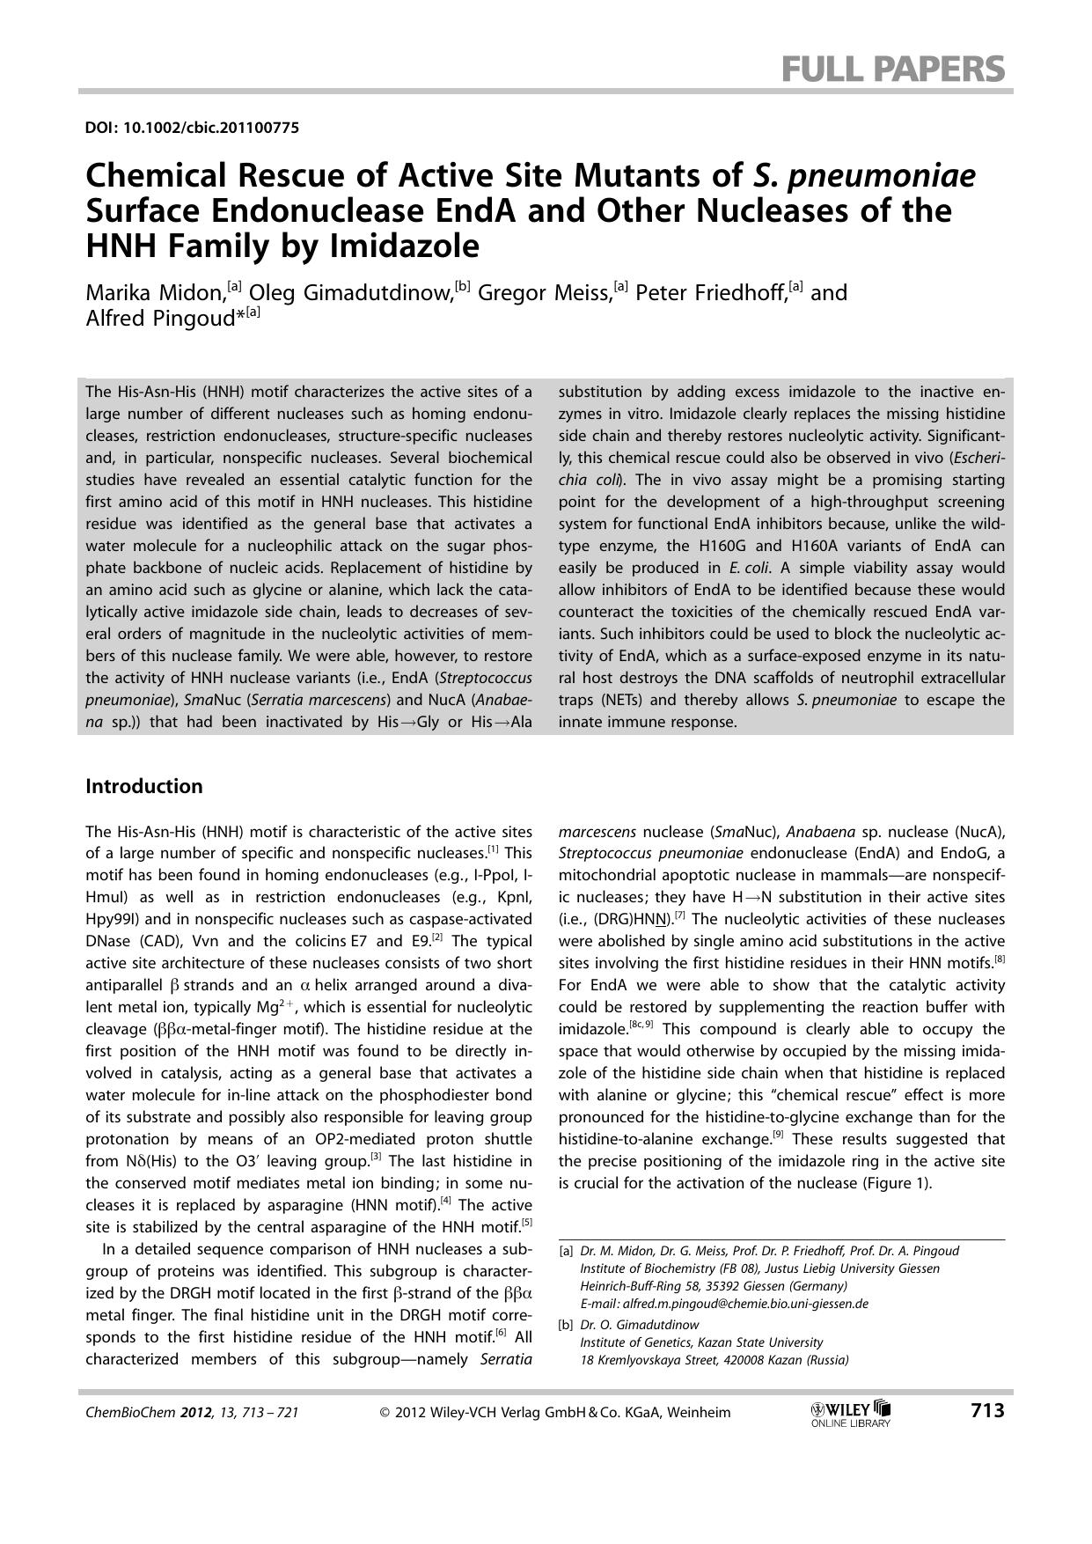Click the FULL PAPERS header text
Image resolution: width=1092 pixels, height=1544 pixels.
893,68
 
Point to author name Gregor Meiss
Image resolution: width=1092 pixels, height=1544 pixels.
545,293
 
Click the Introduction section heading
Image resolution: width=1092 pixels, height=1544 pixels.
143,786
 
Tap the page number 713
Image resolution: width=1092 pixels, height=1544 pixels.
987,1411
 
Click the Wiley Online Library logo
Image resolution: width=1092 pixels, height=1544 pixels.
851,1413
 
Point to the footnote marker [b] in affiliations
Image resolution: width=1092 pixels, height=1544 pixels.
566,1325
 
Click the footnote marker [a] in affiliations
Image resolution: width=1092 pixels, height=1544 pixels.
566,1251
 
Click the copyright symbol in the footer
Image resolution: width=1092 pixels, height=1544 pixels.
385,1413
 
